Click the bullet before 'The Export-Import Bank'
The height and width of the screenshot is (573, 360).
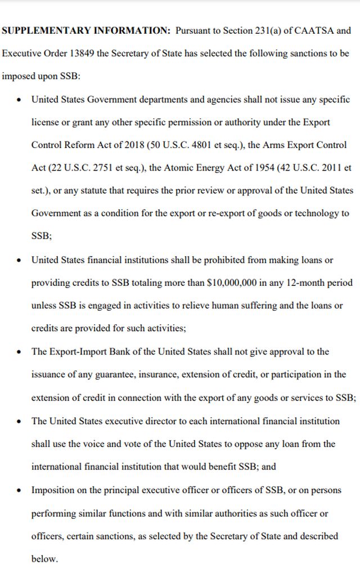tap(20, 352)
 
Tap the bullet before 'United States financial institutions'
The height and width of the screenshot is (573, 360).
tap(20, 260)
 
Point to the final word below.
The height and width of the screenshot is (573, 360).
tap(44, 559)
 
